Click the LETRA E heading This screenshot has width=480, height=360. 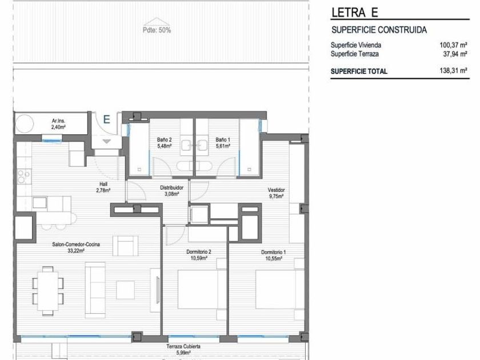tap(355, 12)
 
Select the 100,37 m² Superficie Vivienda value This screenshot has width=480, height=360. tap(453, 45)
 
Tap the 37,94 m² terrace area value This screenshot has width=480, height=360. tap(455, 54)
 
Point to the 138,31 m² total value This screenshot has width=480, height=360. tap(453, 71)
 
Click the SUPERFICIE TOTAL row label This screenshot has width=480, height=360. tap(359, 71)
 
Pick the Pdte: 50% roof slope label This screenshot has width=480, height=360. tap(157, 30)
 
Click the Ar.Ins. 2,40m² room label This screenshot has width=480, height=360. tap(58, 124)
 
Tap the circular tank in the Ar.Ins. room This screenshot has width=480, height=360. tap(25, 124)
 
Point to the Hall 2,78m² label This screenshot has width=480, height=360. tap(103, 187)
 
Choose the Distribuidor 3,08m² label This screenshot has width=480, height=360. tap(172, 190)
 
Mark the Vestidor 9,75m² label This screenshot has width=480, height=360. tap(276, 193)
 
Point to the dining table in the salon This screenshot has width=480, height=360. tap(48, 291)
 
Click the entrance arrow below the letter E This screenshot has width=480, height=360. tap(106, 142)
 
